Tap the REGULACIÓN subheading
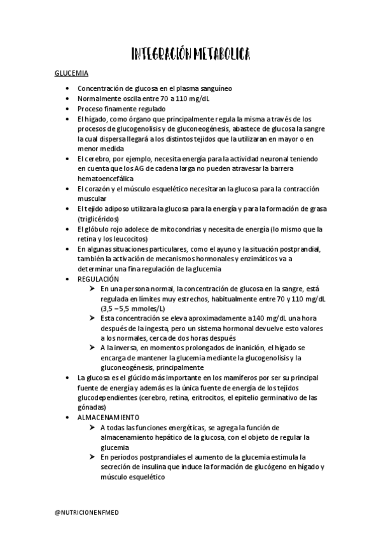coord(99,279)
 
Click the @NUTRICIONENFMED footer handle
coord(89,509)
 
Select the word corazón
coord(99,189)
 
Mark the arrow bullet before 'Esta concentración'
coord(93,318)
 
